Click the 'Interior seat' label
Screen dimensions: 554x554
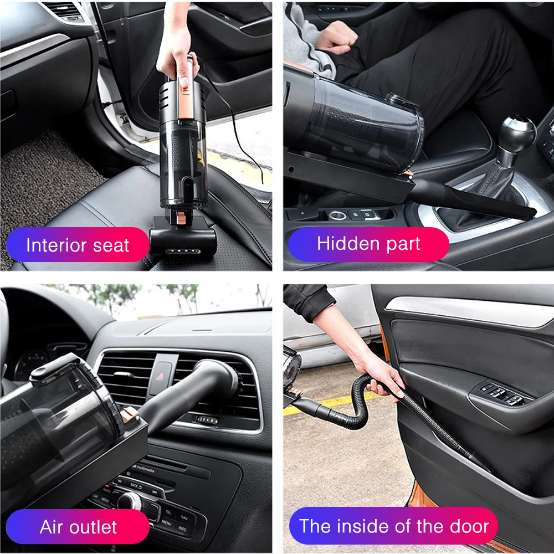tap(78, 245)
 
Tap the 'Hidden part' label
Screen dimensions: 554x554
tap(368, 244)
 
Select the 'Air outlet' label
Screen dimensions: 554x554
tap(78, 527)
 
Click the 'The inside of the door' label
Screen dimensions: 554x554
tap(393, 526)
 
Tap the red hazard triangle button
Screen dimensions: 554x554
tap(160, 377)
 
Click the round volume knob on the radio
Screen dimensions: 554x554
tap(130, 501)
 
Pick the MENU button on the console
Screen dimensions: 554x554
tap(166, 522)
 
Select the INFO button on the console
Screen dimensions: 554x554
tap(182, 529)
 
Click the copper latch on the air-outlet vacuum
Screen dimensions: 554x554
tap(130, 414)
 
